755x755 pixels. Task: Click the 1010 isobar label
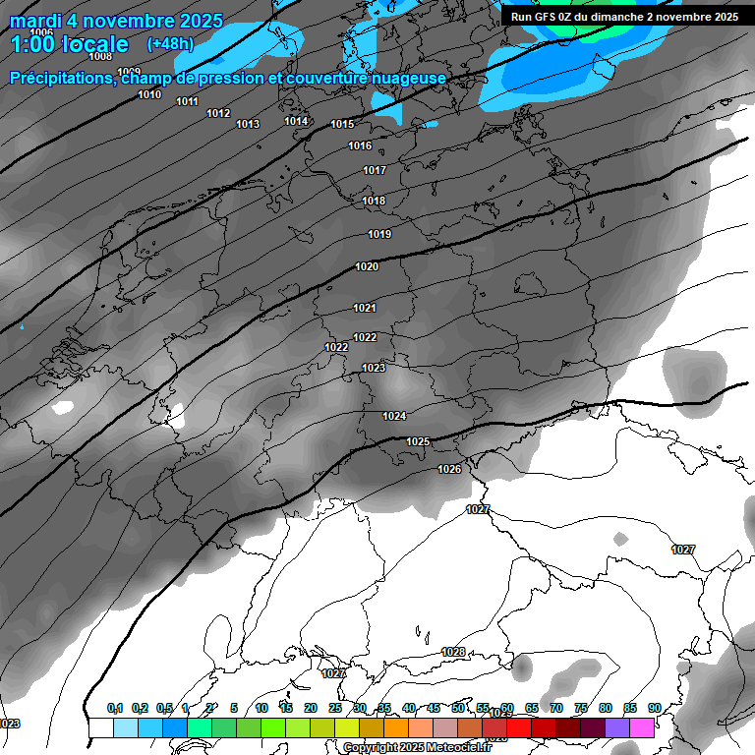pyautogui.click(x=149, y=94)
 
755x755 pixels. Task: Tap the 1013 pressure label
pyautogui.click(x=248, y=124)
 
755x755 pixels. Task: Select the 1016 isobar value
pyautogui.click(x=360, y=145)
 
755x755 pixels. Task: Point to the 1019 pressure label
pyautogui.click(x=379, y=234)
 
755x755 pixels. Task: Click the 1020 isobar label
pyautogui.click(x=367, y=266)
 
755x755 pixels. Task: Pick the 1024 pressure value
pyautogui.click(x=394, y=416)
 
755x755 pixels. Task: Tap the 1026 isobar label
pyautogui.click(x=449, y=469)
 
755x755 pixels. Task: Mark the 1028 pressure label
pyautogui.click(x=453, y=652)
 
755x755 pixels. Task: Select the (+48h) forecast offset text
pyautogui.click(x=170, y=44)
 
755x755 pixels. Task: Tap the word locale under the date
pyautogui.click(x=93, y=44)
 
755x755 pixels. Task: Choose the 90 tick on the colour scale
pyautogui.click(x=654, y=708)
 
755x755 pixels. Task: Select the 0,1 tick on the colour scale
pyautogui.click(x=115, y=708)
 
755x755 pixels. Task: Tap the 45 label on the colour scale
pyautogui.click(x=434, y=708)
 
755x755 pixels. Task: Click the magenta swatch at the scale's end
pyautogui.click(x=642, y=727)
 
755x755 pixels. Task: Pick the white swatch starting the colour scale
pyautogui.click(x=101, y=727)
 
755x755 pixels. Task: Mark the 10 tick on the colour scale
pyautogui.click(x=261, y=708)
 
